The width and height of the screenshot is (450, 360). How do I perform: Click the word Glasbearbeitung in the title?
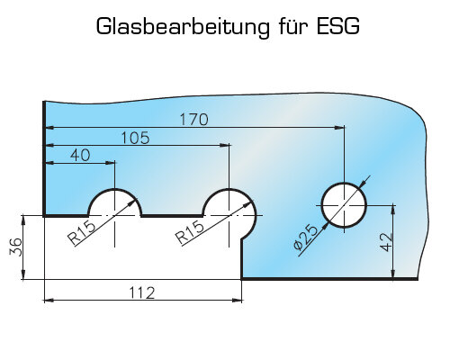[183, 27]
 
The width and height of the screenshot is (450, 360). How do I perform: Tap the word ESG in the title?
[338, 26]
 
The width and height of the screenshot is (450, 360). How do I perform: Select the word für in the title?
[293, 26]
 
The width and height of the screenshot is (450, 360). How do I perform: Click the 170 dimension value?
[193, 120]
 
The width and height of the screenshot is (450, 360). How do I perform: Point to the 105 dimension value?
[135, 138]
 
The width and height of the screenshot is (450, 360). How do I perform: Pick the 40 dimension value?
[80, 156]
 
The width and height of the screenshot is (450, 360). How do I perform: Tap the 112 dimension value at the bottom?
[142, 292]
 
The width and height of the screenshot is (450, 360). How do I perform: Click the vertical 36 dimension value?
[16, 247]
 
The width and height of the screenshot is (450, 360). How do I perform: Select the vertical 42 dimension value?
[386, 242]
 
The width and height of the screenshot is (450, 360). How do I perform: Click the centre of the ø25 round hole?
[344, 205]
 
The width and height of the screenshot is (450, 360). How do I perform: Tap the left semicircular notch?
[114, 189]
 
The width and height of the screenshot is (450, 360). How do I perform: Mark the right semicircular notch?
[229, 189]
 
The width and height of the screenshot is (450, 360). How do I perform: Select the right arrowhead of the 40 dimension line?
[110, 163]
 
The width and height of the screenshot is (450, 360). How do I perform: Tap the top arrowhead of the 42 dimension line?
[393, 211]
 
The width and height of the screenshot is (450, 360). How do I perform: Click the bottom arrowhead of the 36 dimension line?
[23, 274]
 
